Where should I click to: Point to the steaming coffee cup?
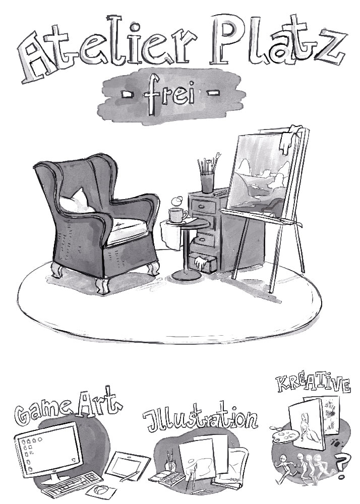click(178, 215)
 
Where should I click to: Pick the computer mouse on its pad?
click(101, 490)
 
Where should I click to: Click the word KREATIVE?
click(314, 383)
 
